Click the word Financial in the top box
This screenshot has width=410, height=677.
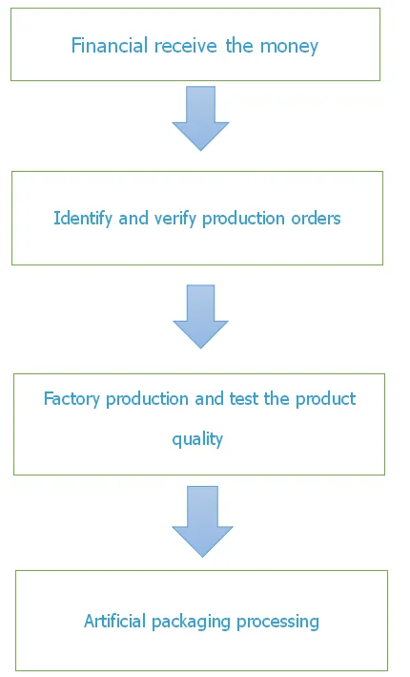pyautogui.click(x=110, y=45)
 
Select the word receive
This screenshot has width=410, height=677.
pyautogui.click(x=185, y=45)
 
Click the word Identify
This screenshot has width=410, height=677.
pyautogui.click(x=83, y=219)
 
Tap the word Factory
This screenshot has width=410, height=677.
pyautogui.click(x=72, y=399)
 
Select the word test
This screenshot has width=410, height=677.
pyautogui.click(x=243, y=398)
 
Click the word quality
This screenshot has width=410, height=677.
pyautogui.click(x=197, y=439)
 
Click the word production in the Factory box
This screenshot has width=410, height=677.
pyautogui.click(x=148, y=399)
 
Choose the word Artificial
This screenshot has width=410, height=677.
pyautogui.click(x=115, y=621)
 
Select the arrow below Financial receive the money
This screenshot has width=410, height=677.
pyautogui.click(x=200, y=118)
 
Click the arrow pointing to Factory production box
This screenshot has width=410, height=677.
pyautogui.click(x=200, y=316)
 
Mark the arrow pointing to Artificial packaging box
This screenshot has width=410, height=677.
pyautogui.click(x=202, y=521)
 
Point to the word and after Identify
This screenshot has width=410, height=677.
pyautogui.click(x=133, y=218)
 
